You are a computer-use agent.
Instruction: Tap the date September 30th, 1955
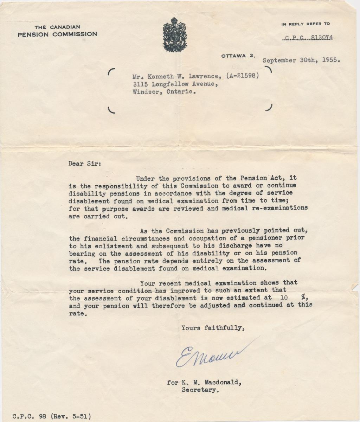tap(301, 60)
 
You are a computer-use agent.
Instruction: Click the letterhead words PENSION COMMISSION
tap(57, 34)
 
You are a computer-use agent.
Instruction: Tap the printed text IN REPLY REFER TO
tap(306, 24)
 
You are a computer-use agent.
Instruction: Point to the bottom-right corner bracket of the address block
tap(270, 108)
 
